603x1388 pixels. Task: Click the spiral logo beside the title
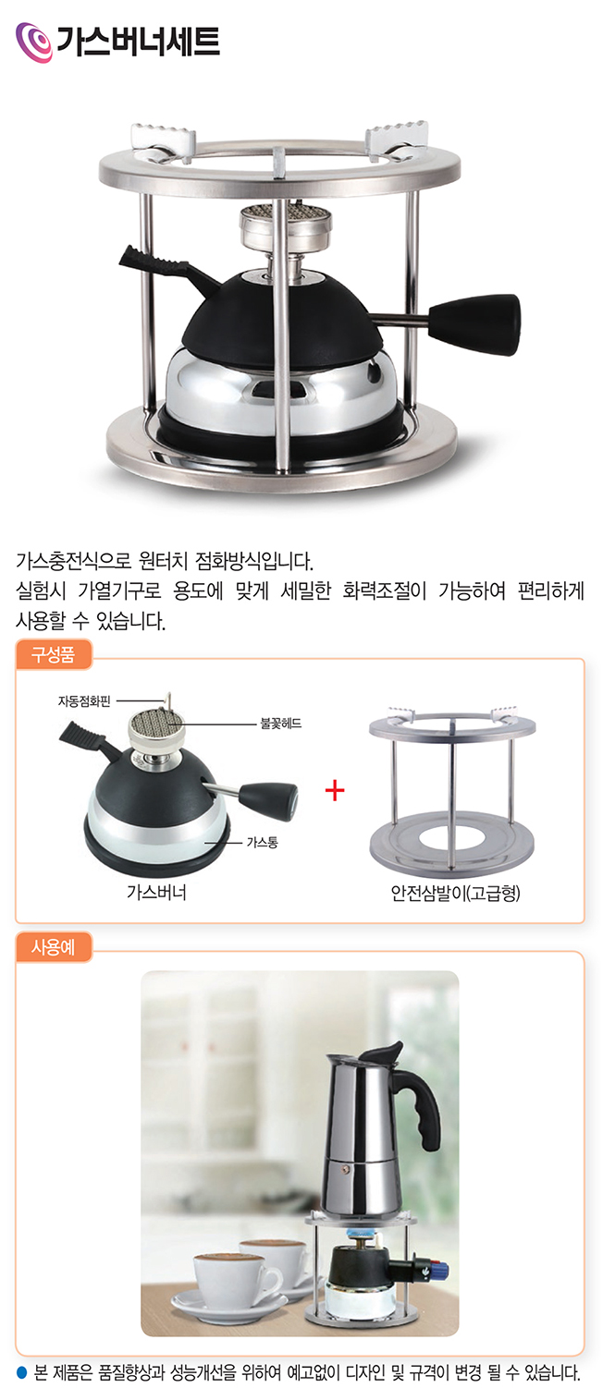click(34, 43)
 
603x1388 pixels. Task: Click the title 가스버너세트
click(139, 42)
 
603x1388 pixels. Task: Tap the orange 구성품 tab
click(54, 654)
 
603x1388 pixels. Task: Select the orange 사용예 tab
click(54, 947)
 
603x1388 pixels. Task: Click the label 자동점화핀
click(84, 701)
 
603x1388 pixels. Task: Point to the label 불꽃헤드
click(281, 724)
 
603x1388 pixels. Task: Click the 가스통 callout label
click(263, 842)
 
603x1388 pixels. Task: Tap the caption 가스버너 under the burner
click(157, 893)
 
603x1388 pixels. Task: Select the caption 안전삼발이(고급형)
click(455, 893)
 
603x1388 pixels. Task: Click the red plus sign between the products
click(335, 791)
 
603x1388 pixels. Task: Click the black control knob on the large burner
click(474, 325)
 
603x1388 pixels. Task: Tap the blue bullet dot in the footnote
click(22, 1372)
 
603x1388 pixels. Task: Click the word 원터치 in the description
click(163, 562)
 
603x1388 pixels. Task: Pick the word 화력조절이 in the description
click(385, 591)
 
